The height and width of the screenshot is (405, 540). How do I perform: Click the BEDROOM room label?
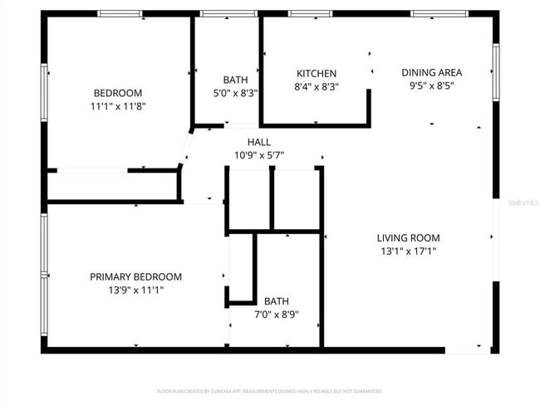[117, 93]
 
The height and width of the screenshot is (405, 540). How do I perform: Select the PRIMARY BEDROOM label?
[135, 276]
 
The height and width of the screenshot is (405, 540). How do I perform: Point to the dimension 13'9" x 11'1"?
[135, 290]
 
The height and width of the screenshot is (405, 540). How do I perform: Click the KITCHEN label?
[317, 73]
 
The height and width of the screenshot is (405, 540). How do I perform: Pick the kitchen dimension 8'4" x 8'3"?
[317, 86]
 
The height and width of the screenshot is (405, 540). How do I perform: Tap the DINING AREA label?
[431, 71]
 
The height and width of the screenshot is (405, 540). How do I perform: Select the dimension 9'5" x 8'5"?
[431, 85]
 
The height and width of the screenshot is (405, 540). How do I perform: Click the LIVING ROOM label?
[408, 237]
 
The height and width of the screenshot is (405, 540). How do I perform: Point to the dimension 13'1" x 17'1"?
[408, 251]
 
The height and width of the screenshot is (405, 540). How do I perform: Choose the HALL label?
[258, 142]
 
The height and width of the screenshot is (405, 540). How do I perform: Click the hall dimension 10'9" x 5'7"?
[258, 155]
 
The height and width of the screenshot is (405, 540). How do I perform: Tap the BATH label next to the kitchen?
[235, 80]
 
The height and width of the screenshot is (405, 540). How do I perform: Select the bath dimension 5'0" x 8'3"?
[235, 93]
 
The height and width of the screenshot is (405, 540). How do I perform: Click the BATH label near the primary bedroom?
[277, 301]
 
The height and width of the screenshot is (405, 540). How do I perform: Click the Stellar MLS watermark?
[523, 202]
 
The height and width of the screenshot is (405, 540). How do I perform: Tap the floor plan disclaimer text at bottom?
[269, 390]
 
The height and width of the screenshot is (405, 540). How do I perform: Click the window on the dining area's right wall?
[495, 71]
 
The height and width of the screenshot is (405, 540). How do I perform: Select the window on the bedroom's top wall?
[120, 14]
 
